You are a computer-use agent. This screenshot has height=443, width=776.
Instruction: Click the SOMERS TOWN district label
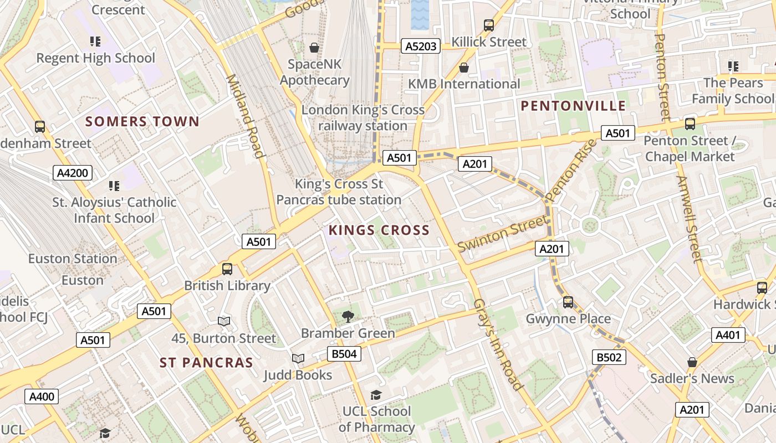142,122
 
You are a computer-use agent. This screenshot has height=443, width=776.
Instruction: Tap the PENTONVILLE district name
574,106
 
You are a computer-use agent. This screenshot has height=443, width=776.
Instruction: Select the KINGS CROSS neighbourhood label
379,230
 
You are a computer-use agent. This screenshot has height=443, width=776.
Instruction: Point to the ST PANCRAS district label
206,363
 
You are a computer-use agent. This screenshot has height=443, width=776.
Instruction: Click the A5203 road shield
420,47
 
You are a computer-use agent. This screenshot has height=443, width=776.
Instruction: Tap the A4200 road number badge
73,173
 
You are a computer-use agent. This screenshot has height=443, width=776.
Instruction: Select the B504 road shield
344,354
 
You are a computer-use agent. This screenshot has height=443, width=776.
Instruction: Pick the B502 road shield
609,357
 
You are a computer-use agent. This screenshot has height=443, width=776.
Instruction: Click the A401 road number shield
728,334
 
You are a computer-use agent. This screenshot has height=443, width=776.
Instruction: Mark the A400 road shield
42,396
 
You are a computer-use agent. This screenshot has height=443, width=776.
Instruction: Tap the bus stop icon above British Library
227,269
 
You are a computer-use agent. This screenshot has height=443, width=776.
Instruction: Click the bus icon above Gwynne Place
568,302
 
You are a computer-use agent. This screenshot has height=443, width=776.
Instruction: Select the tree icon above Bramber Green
348,317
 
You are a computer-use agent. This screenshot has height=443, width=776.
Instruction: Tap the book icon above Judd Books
298,359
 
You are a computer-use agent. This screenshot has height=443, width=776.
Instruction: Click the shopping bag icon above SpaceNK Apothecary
314,48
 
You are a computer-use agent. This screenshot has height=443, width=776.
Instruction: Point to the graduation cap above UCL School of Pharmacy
376,395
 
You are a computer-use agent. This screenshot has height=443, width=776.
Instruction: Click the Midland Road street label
244,116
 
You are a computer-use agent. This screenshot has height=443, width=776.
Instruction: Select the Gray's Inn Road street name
498,344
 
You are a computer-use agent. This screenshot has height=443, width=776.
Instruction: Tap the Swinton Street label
502,234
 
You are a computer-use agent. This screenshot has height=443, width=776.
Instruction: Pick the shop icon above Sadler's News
692,362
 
